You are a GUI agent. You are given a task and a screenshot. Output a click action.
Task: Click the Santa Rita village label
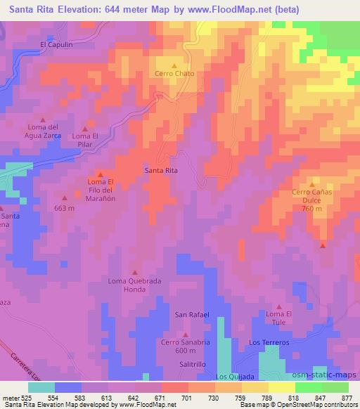[x=160, y=170]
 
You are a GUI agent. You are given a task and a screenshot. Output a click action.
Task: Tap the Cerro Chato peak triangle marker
[x=175, y=65]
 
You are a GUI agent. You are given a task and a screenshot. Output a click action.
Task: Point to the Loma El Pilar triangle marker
[x=85, y=129]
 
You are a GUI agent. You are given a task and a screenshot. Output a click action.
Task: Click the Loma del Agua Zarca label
[x=44, y=131]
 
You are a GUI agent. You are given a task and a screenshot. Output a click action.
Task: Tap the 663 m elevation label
[x=64, y=208]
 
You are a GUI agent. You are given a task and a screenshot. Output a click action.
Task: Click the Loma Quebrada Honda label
[x=134, y=285]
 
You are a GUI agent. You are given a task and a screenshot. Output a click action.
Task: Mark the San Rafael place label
[x=192, y=314]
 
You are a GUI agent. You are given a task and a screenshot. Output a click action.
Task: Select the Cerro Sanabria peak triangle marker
[x=186, y=335]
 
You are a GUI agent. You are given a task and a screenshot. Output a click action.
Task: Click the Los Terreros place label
[x=269, y=342]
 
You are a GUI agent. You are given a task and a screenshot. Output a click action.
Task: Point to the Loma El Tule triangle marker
[x=278, y=306]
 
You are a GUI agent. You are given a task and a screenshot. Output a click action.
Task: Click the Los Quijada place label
[x=233, y=377]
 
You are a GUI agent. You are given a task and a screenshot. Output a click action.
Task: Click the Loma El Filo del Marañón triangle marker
[x=101, y=175]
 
